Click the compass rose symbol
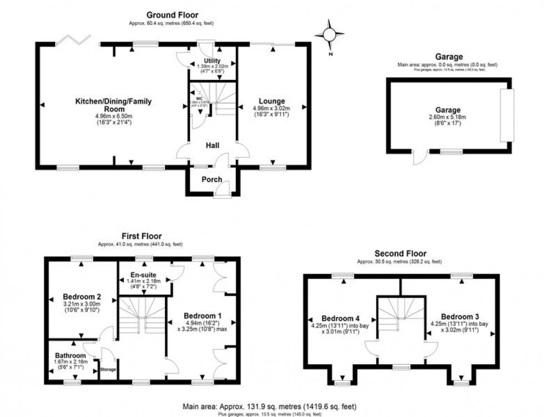329,34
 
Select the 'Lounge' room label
271,101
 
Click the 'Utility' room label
212,61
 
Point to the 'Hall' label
212,145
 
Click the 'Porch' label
212,179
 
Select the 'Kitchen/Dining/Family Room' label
113,105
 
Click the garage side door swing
419,159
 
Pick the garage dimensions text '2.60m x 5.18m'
449,117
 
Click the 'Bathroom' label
70,355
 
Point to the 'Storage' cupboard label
108,369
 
